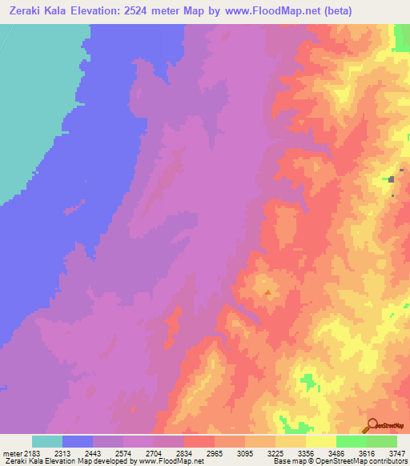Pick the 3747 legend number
pos(397,453)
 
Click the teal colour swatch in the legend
pos(47,441)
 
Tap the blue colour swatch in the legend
pos(78,441)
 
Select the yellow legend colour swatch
pos(321,441)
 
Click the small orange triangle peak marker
pos(267,293)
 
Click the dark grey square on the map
pos(392,179)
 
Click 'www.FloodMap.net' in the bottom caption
pos(171,461)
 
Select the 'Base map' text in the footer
pos(287,461)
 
